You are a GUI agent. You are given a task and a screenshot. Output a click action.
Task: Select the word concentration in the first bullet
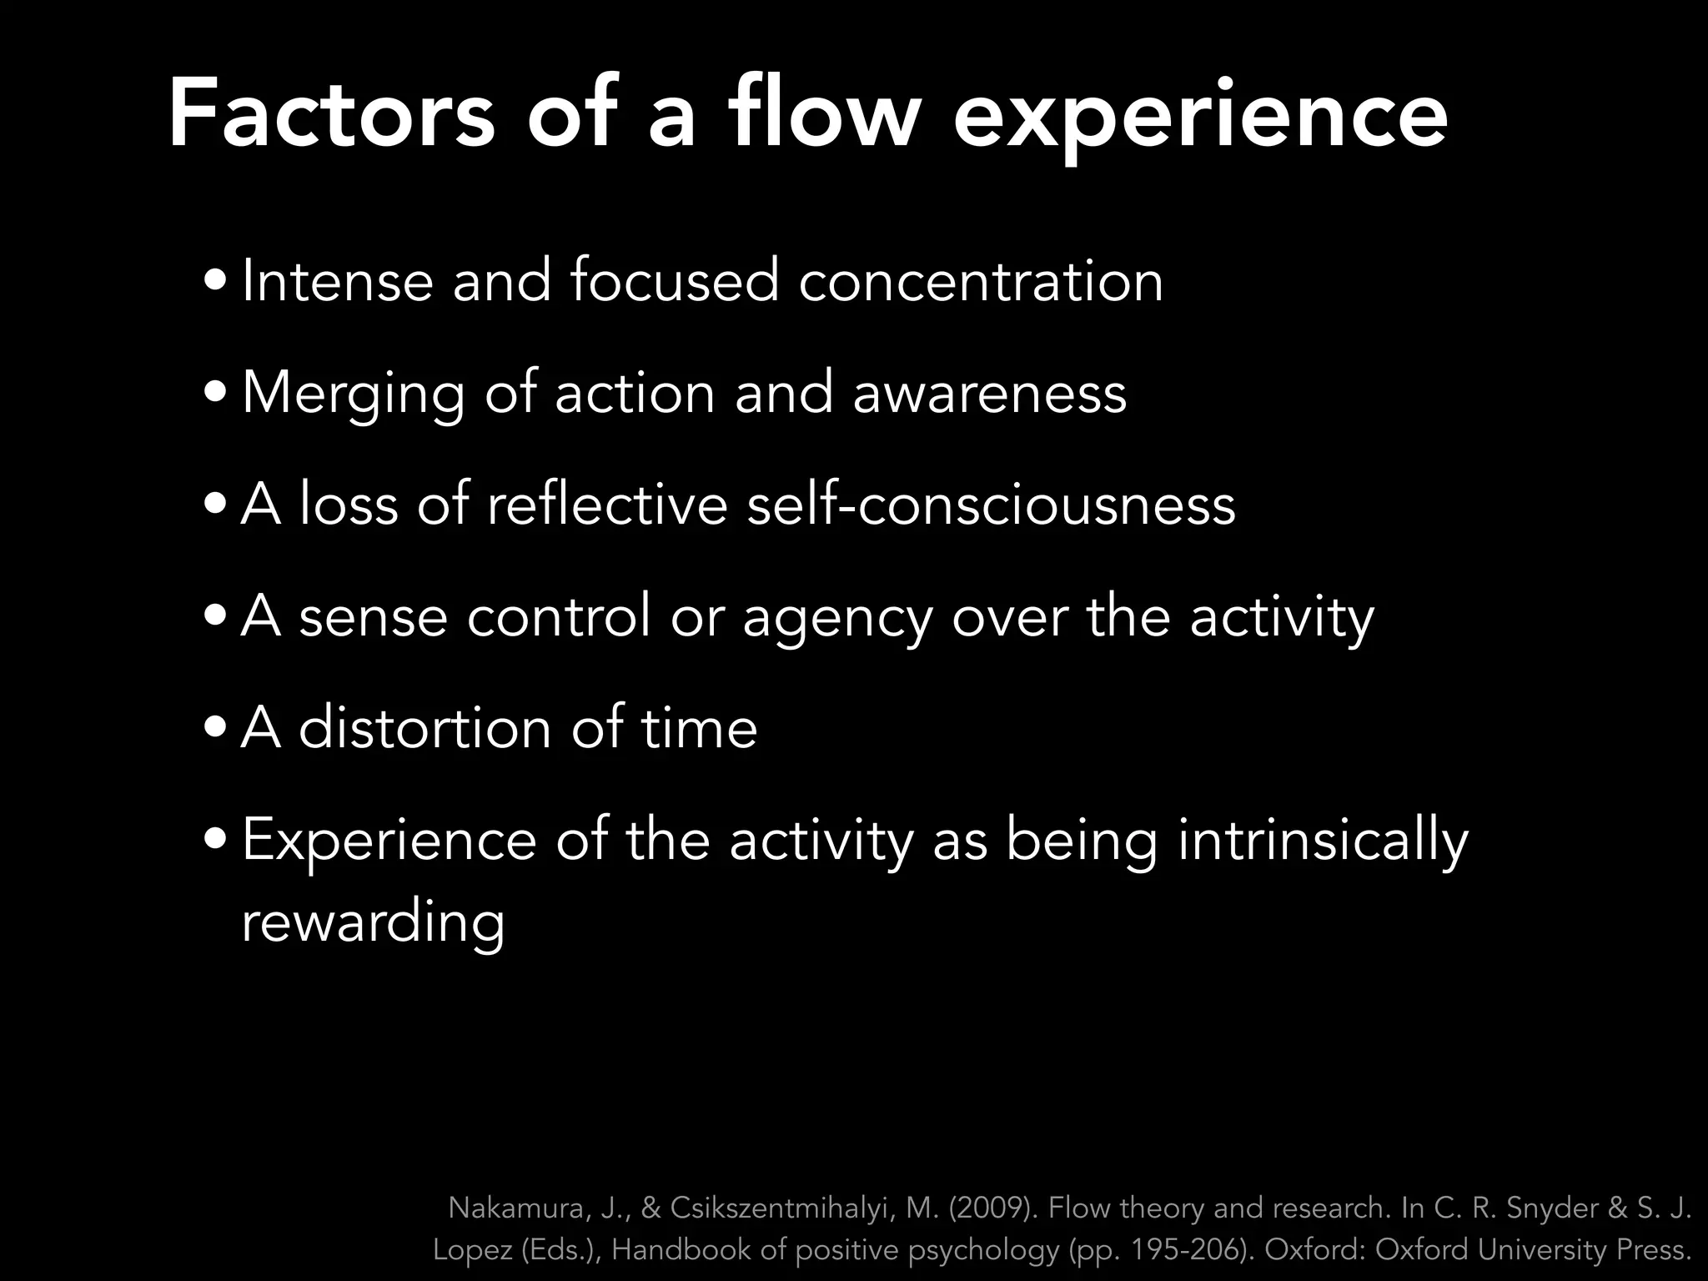(x=981, y=282)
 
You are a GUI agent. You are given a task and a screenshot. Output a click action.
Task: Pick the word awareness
(x=989, y=394)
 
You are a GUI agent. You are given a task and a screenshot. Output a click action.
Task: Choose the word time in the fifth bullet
(x=699, y=729)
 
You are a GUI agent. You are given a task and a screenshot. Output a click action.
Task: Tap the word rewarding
(x=373, y=924)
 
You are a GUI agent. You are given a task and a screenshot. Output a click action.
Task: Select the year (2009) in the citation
(x=992, y=1208)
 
